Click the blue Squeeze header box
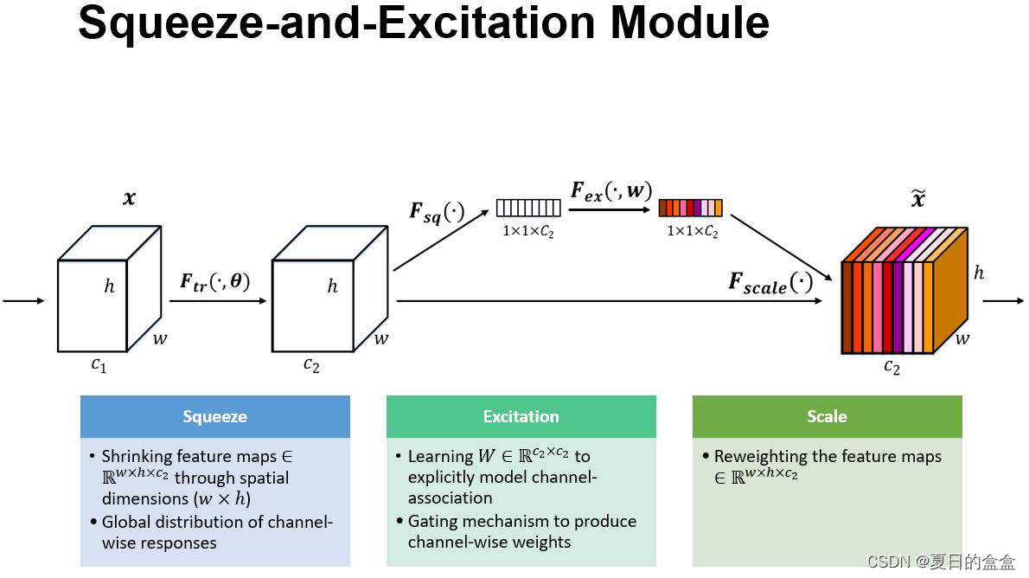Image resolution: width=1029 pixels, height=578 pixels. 214,416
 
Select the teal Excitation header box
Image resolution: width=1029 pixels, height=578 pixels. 521,416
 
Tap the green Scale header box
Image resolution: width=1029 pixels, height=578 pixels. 827,416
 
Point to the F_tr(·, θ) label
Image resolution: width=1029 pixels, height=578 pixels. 214,281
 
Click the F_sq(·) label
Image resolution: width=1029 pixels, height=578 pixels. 437,212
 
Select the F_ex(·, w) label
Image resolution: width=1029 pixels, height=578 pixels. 610,191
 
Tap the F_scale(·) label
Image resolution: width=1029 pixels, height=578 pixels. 770,283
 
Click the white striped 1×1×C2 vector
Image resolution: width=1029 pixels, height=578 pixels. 528,209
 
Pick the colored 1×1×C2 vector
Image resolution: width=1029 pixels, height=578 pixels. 690,209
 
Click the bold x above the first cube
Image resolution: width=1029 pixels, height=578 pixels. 129,198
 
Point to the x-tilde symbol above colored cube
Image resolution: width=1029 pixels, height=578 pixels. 917,200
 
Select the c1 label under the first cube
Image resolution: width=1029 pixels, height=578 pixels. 99,364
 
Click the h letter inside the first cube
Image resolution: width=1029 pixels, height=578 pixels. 109,286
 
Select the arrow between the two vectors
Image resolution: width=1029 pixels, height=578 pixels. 609,209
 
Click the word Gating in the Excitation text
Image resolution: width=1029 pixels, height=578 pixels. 431,521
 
